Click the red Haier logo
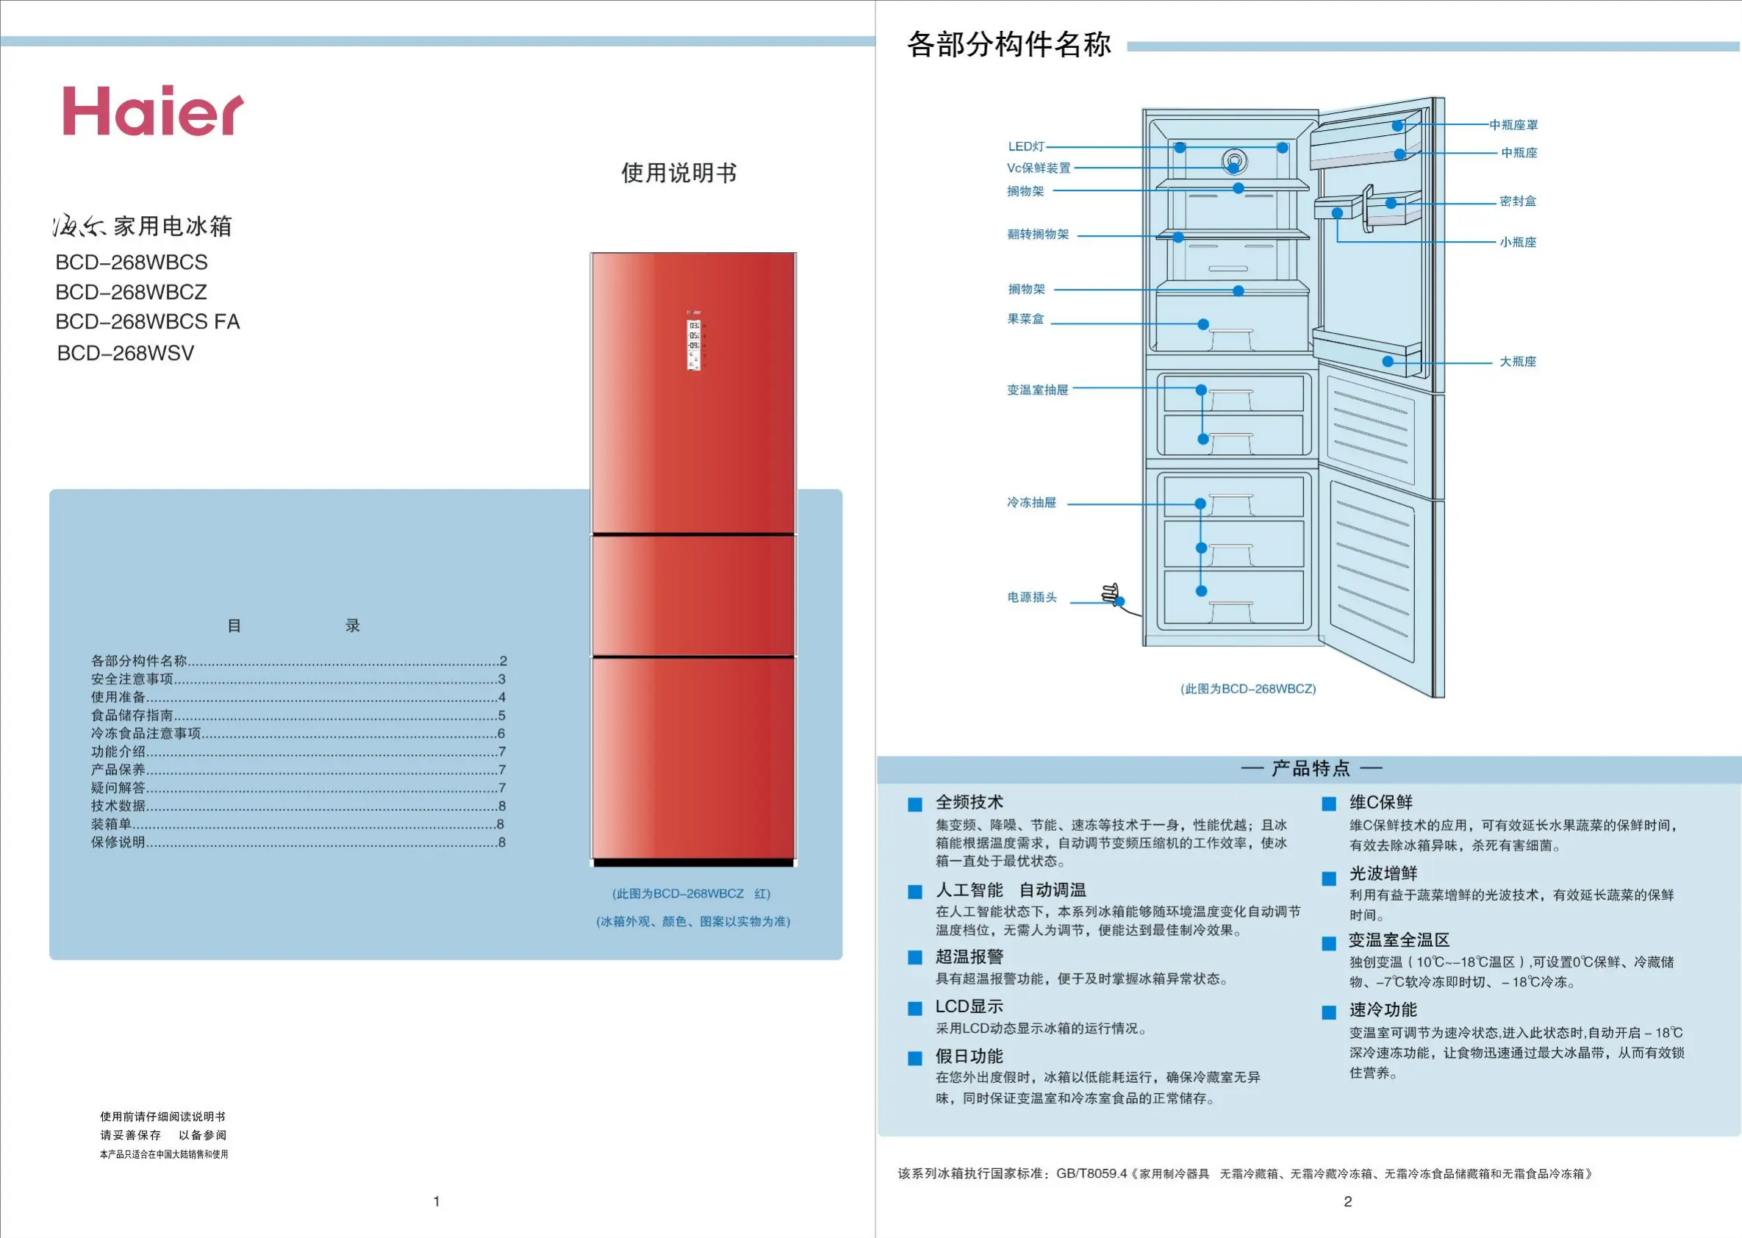(152, 111)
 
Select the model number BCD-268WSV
(126, 353)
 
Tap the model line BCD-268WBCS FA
(147, 322)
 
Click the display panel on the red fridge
(694, 342)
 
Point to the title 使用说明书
(678, 173)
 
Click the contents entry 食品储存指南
(132, 715)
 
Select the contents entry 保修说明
(118, 842)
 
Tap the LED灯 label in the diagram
(1025, 146)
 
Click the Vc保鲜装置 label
(1038, 168)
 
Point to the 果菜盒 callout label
(1025, 318)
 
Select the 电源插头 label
(1032, 597)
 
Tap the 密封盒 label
(1517, 201)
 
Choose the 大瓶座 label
(1517, 362)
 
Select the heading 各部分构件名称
(1009, 44)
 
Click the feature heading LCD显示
(969, 1006)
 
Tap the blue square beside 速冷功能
(1329, 1012)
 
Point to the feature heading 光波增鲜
(1383, 873)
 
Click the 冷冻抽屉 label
(1031, 502)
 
